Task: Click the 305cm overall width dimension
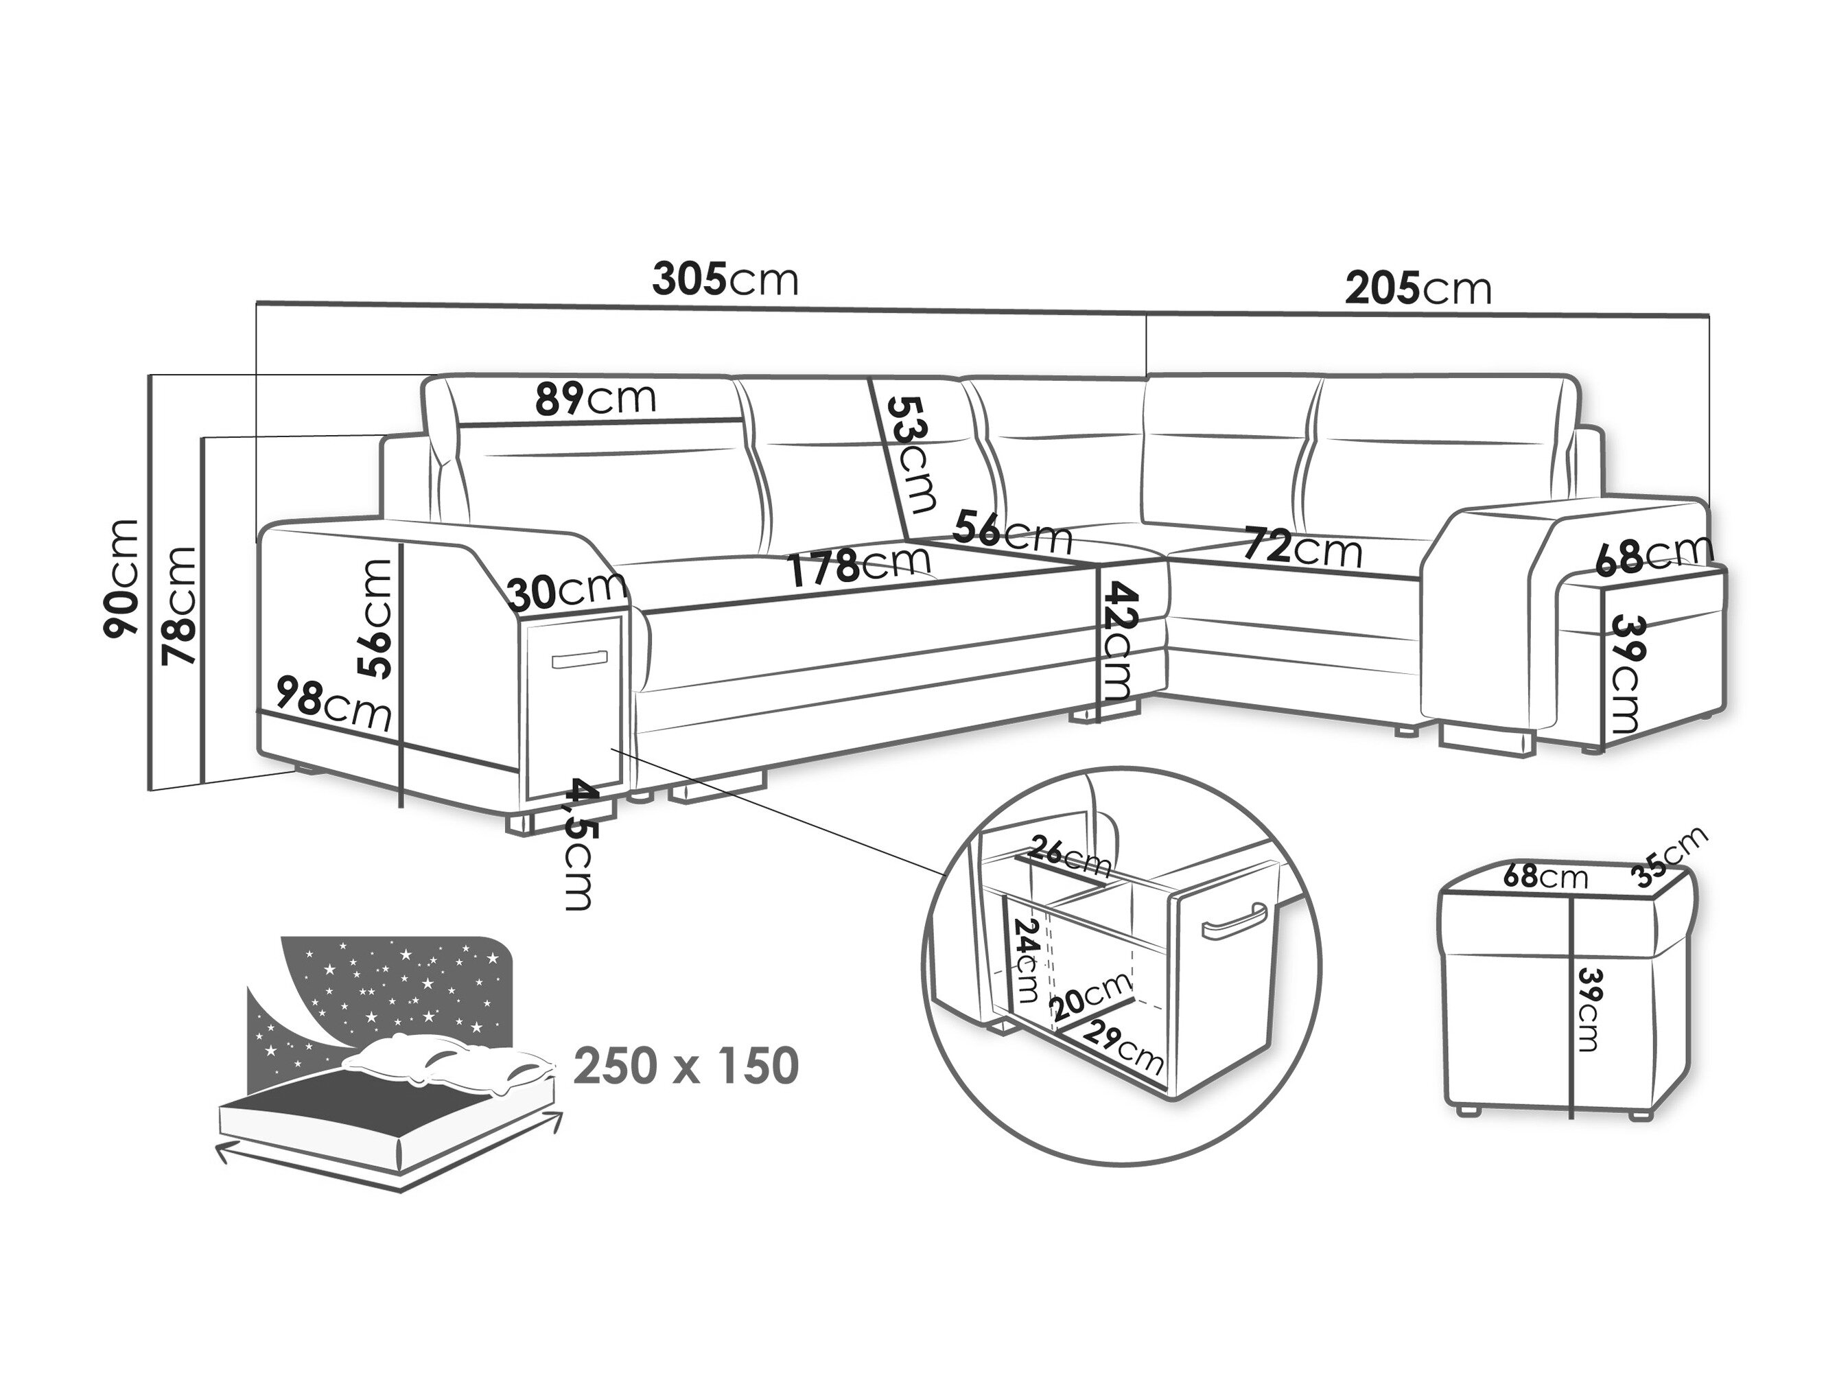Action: click(725, 279)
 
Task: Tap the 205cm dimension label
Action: click(1418, 288)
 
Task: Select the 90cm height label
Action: click(120, 579)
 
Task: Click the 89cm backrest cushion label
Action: click(596, 399)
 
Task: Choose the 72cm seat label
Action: click(1304, 548)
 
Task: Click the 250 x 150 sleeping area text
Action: click(686, 1066)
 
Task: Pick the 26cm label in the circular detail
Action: click(1069, 857)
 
